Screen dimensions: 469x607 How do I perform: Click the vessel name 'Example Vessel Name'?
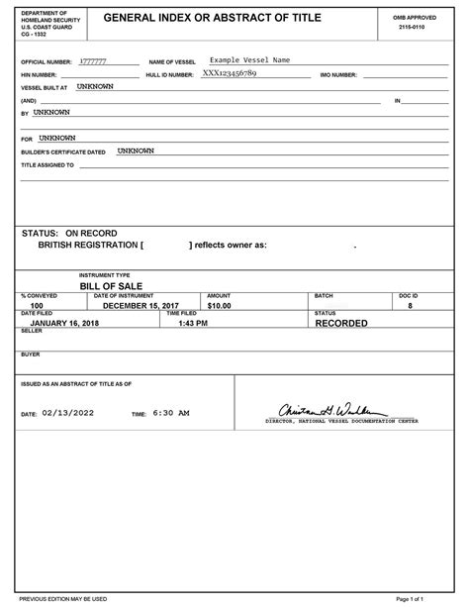[249, 60]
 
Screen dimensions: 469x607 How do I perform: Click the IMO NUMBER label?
[338, 74]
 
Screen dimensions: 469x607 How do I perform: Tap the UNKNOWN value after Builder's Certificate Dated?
[136, 152]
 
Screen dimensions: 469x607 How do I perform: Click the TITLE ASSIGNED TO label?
[47, 165]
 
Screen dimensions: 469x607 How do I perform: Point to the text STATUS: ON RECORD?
[69, 233]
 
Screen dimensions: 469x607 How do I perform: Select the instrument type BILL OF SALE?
[111, 284]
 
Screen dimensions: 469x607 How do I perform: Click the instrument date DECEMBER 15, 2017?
[141, 306]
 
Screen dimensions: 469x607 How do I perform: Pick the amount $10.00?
[219, 306]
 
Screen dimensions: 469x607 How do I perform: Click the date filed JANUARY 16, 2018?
[65, 323]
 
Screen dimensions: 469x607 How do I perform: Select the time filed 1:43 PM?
[193, 323]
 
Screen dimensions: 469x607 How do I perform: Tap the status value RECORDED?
[340, 323]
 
